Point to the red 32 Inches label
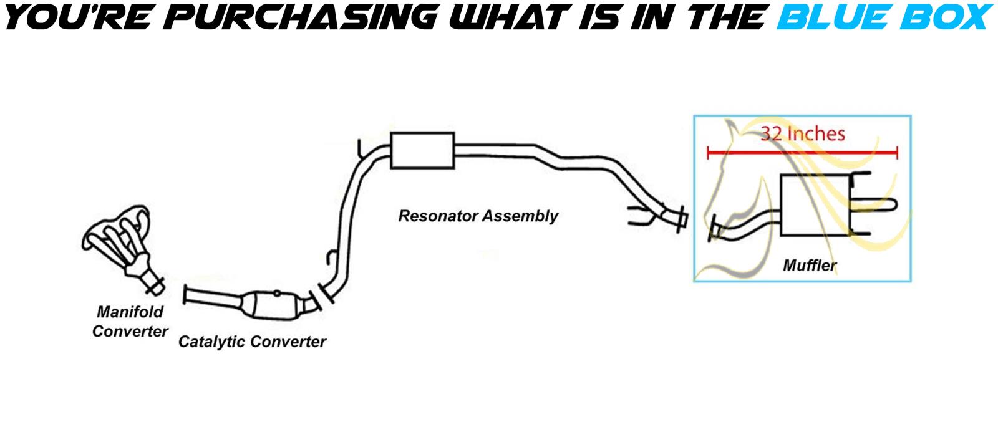point(802,133)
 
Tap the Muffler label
point(809,266)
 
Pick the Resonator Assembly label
point(478,216)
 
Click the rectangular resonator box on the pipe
point(422,150)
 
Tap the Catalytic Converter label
point(252,342)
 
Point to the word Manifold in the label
point(130,311)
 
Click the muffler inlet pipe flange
point(714,228)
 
